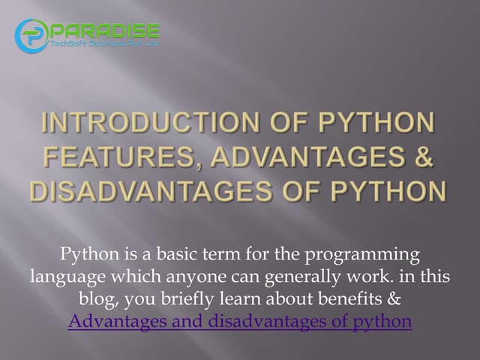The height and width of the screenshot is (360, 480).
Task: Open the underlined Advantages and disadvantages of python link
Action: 239,321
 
